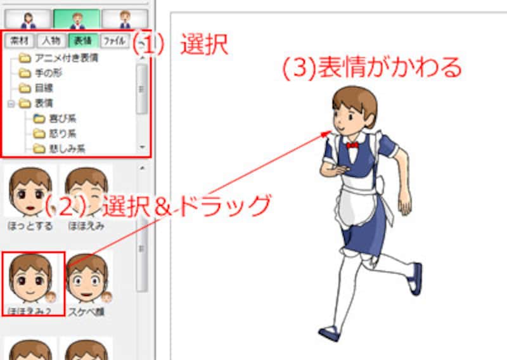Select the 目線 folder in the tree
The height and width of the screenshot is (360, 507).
(x=43, y=88)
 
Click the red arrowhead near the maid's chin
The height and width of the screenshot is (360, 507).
(x=328, y=132)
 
